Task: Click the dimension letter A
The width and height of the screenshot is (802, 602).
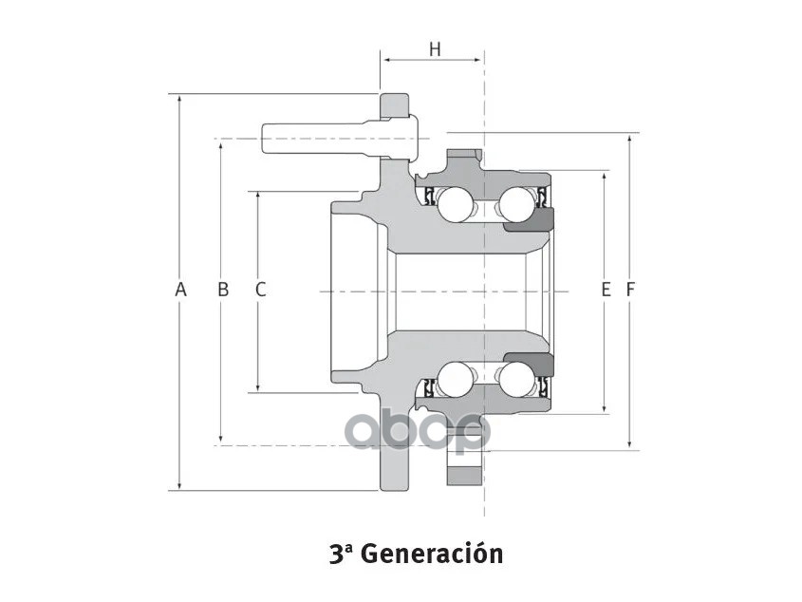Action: tap(180, 290)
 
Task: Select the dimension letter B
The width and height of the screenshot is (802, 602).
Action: tap(223, 290)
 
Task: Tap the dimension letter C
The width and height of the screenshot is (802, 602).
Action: tap(260, 290)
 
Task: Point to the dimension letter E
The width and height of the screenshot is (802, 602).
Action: tap(606, 290)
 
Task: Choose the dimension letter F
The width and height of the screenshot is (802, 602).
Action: tap(629, 290)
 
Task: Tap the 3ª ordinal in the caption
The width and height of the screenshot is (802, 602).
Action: tap(341, 553)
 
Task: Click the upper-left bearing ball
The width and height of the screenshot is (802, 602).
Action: tap(456, 202)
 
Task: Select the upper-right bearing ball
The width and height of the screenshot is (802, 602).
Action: tap(517, 202)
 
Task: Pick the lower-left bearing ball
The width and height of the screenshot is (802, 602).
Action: tap(456, 380)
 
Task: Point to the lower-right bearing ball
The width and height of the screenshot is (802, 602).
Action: tap(517, 380)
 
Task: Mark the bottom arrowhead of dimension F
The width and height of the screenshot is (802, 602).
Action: tap(629, 443)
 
